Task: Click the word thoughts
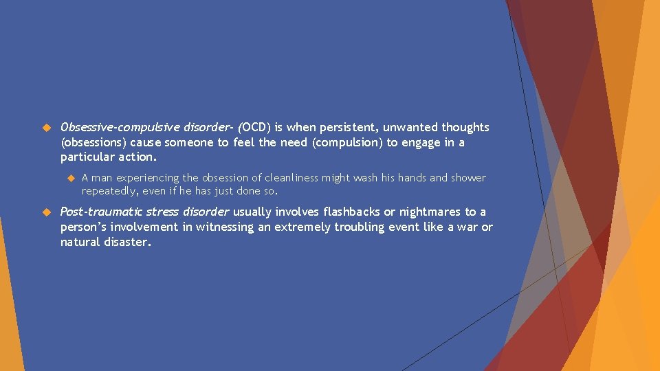465,128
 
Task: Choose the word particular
87,157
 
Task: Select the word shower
468,178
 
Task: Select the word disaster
126,243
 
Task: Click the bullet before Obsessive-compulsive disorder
47,128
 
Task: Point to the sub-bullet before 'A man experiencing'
69,178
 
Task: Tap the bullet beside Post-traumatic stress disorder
47,212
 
